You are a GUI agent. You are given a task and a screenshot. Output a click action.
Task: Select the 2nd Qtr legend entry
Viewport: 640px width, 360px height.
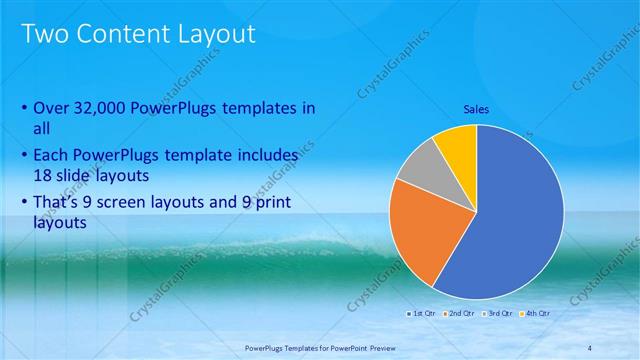coord(459,314)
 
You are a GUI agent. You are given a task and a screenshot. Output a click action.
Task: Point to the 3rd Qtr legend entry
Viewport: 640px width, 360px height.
coord(498,314)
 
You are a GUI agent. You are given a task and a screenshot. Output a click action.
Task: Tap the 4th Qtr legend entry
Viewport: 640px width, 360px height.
coord(537,314)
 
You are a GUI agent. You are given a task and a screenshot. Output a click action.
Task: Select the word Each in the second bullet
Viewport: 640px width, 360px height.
coord(51,156)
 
